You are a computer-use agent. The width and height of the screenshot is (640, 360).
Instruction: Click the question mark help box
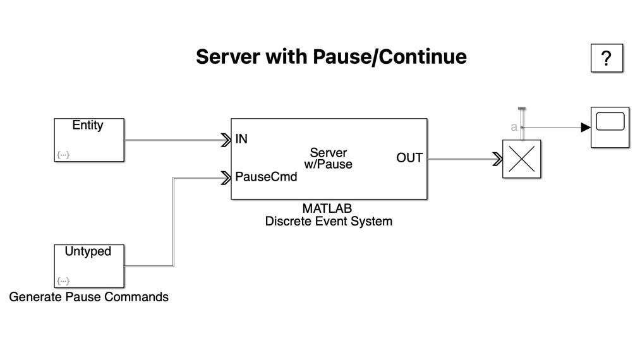[607, 59]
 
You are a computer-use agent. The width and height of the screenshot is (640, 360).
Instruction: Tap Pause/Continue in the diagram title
[389, 56]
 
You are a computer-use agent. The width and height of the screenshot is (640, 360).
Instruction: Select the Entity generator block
[88, 140]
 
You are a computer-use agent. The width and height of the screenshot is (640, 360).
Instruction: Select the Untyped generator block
[88, 266]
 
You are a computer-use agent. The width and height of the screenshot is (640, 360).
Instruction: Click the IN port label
[241, 139]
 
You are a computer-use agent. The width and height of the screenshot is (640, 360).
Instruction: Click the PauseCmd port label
[266, 177]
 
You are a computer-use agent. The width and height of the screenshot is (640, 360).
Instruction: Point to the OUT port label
[409, 158]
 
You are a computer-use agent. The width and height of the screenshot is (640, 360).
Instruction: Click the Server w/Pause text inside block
[329, 159]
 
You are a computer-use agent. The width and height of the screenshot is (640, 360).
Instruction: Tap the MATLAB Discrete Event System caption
[328, 215]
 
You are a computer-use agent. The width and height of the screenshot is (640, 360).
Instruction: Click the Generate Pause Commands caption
[88, 297]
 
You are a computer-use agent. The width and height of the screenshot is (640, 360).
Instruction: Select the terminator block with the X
[521, 159]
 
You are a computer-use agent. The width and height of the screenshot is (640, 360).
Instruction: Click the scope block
[610, 127]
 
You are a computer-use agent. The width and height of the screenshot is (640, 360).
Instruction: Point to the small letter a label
[514, 128]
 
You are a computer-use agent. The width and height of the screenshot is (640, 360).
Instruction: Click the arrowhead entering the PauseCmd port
[226, 178]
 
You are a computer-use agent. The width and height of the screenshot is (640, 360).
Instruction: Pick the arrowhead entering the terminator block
[497, 159]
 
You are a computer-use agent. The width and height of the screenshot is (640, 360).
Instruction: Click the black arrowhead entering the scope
[586, 128]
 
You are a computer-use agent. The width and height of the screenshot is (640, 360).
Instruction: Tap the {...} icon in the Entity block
[63, 155]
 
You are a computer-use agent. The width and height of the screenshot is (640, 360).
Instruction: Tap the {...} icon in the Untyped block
[63, 280]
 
